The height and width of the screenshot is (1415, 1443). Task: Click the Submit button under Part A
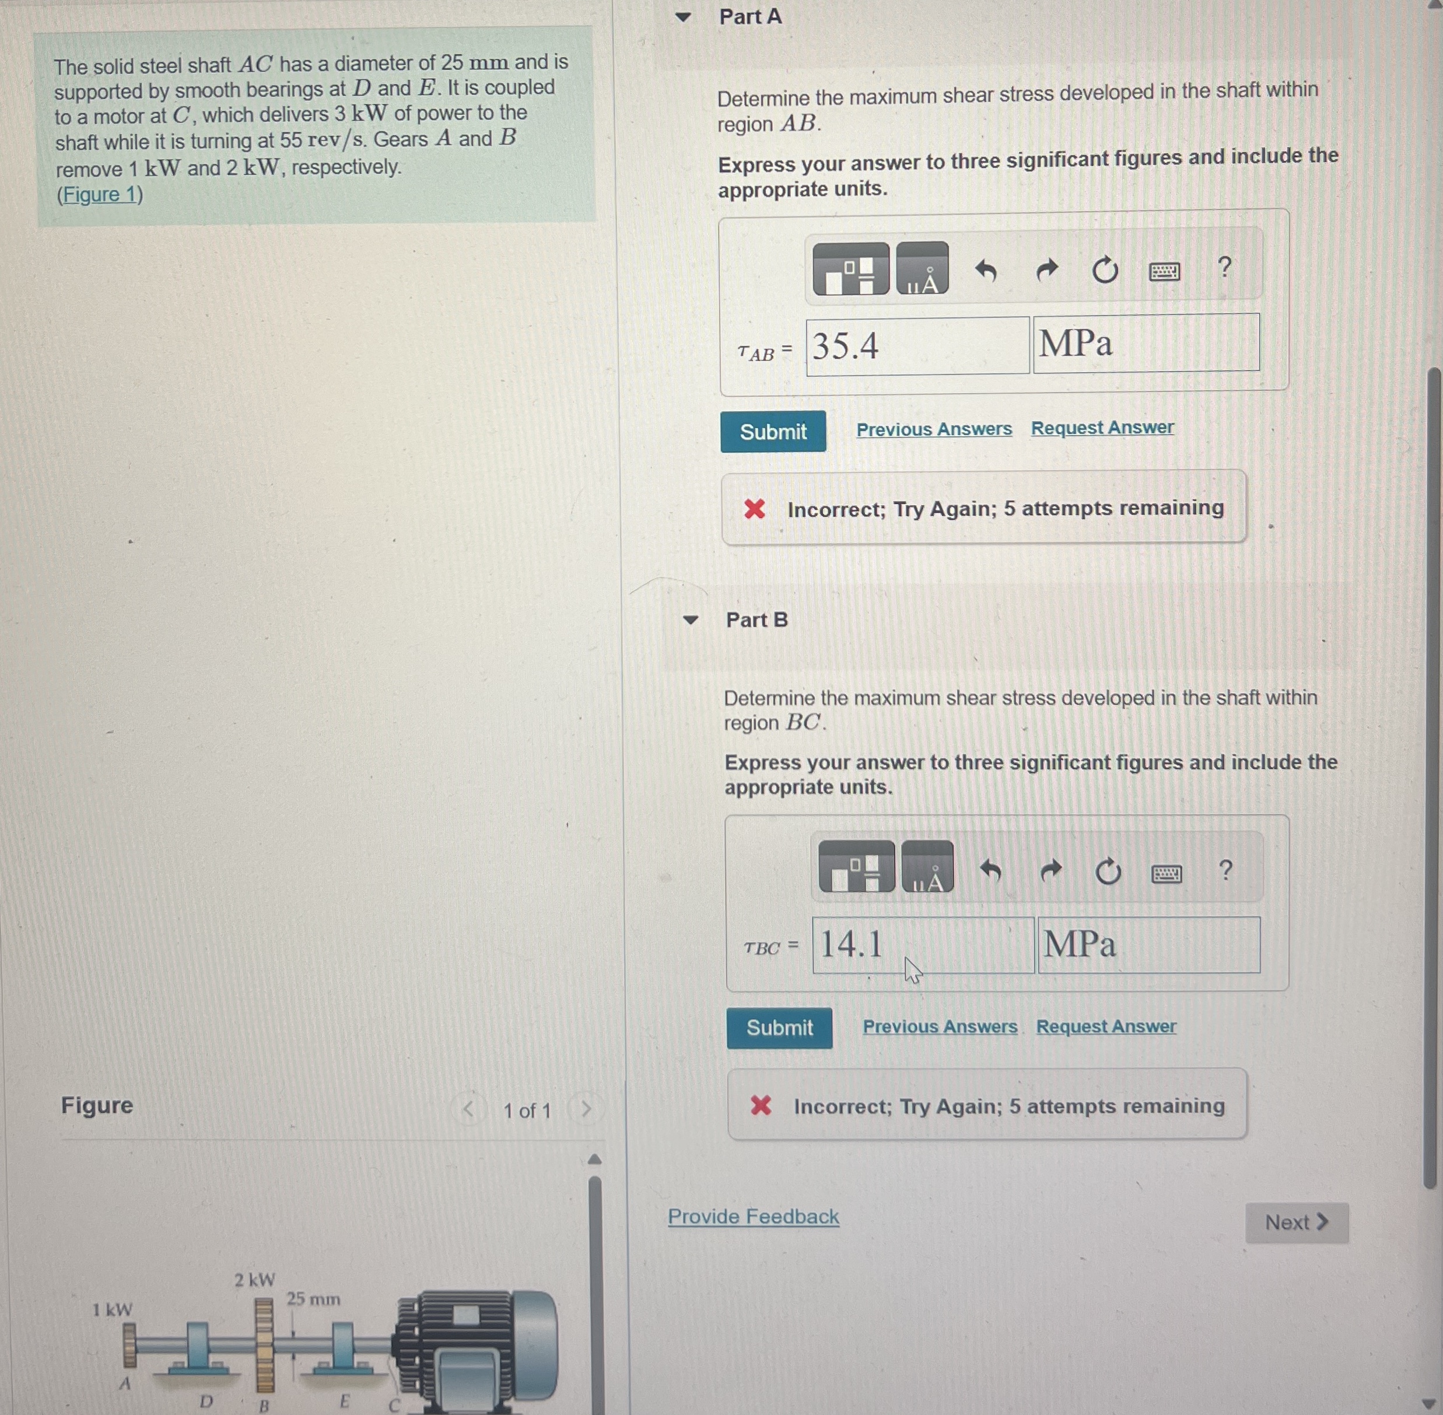click(773, 431)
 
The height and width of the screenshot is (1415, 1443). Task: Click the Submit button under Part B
click(779, 1028)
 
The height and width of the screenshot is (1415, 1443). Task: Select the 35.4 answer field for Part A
click(917, 346)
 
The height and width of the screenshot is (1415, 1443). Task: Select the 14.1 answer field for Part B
click(922, 944)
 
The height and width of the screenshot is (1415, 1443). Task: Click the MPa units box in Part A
click(1145, 344)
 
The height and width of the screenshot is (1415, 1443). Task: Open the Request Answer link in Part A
click(1102, 428)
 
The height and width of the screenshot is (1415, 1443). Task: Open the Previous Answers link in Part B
click(939, 1027)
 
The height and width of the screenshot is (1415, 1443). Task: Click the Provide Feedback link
click(753, 1217)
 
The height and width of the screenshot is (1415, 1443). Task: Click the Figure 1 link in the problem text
click(100, 195)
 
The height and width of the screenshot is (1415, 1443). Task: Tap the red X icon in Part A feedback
click(754, 509)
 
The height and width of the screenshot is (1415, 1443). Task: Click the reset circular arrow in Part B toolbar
click(1107, 871)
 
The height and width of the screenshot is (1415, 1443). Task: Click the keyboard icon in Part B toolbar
click(1166, 874)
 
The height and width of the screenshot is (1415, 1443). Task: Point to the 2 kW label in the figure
click(255, 1280)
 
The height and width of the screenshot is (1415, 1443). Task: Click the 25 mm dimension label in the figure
click(314, 1299)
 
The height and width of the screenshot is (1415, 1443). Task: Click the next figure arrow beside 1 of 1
click(586, 1109)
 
